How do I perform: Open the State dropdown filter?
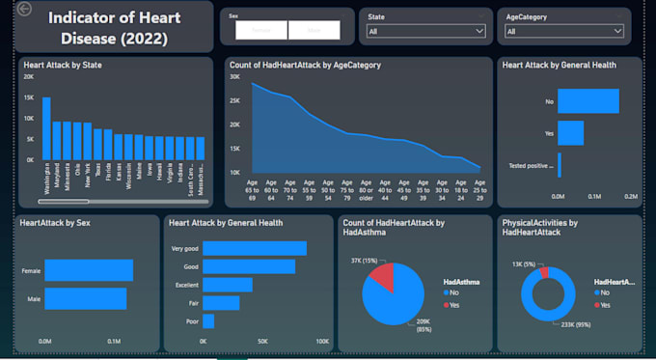[x=425, y=32]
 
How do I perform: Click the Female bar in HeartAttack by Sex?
[x=89, y=271]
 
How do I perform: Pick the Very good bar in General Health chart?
[x=255, y=248]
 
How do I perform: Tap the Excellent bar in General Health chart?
[x=228, y=285]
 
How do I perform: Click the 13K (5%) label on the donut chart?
[x=519, y=263]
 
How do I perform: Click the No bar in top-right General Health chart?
[x=588, y=100]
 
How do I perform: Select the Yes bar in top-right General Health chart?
[x=570, y=133]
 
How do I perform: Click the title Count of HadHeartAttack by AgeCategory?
[x=304, y=65]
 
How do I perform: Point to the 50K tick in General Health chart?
[x=262, y=341]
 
